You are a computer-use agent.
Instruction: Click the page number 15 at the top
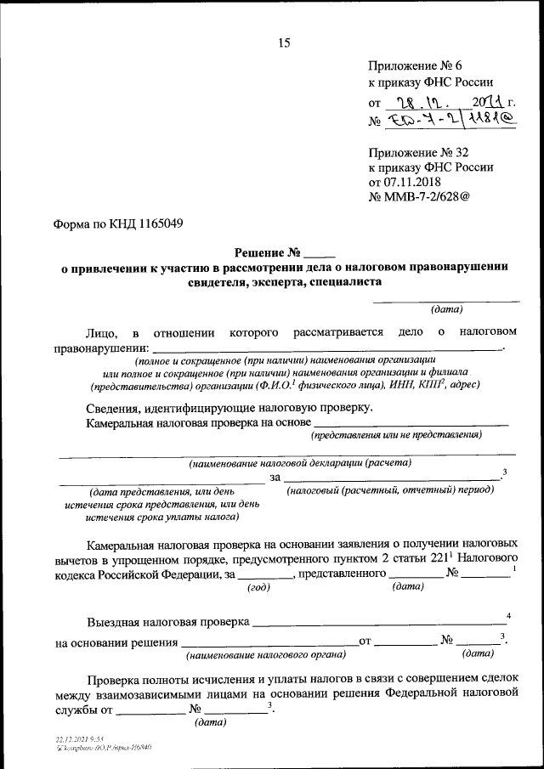click(284, 43)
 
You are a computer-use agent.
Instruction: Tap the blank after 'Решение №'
click(320, 253)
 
